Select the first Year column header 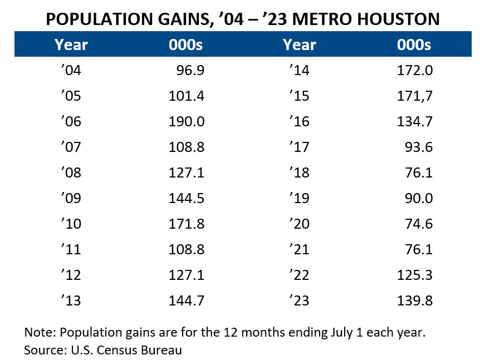pyautogui.click(x=71, y=45)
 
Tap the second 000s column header pyautogui.click(x=414, y=45)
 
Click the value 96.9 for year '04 pyautogui.click(x=193, y=71)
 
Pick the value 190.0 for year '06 pyautogui.click(x=187, y=122)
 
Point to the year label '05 pyautogui.click(x=71, y=96)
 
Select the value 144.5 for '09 pyautogui.click(x=187, y=199)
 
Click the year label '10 pyautogui.click(x=71, y=224)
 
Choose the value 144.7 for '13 pyautogui.click(x=187, y=301)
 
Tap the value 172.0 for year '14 pyautogui.click(x=415, y=71)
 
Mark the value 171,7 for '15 pyautogui.click(x=415, y=96)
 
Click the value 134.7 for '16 pyautogui.click(x=415, y=122)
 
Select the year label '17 pyautogui.click(x=300, y=147)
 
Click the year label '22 pyautogui.click(x=300, y=275)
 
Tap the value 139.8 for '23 pyautogui.click(x=415, y=301)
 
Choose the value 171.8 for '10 pyautogui.click(x=187, y=224)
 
